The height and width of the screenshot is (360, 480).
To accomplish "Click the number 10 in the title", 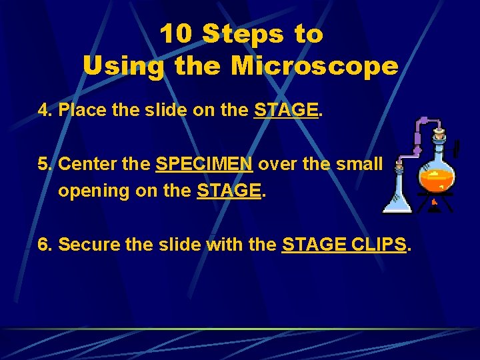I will [176, 35].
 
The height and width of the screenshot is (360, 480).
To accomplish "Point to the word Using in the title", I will [122, 66].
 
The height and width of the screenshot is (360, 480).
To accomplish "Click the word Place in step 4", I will [83, 110].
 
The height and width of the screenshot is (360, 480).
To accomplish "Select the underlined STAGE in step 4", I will [286, 110].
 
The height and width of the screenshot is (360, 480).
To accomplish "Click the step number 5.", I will [45, 163].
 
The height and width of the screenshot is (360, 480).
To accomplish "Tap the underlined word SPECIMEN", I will [204, 163].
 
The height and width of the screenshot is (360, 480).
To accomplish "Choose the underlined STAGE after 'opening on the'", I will [229, 191].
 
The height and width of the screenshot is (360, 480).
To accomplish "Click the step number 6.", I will [45, 245].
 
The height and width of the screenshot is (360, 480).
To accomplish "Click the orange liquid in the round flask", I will [437, 179].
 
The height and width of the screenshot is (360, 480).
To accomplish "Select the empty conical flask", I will [398, 193].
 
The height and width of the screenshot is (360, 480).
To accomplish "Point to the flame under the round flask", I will [435, 201].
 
